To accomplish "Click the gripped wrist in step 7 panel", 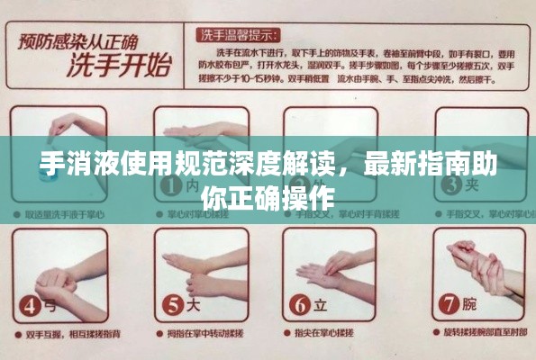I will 482,261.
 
